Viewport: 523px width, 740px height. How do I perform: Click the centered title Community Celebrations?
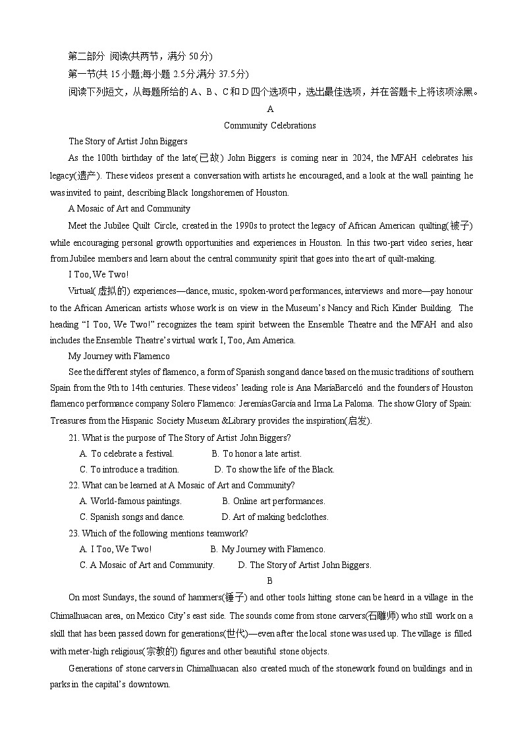click(x=269, y=125)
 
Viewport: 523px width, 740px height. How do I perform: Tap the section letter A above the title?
click(x=270, y=109)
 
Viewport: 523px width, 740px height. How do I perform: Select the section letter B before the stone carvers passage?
click(x=269, y=581)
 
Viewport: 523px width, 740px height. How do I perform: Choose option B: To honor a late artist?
click(x=256, y=453)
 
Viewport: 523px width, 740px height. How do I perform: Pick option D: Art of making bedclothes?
click(x=275, y=517)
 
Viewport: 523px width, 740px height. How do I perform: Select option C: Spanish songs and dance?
click(x=132, y=517)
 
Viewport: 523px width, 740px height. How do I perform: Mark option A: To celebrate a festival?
click(x=126, y=453)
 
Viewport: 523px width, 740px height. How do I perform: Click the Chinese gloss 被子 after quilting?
click(x=460, y=226)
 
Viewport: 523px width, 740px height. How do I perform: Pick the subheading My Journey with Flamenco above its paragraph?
click(x=119, y=356)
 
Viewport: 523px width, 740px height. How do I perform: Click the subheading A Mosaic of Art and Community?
click(x=129, y=208)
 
